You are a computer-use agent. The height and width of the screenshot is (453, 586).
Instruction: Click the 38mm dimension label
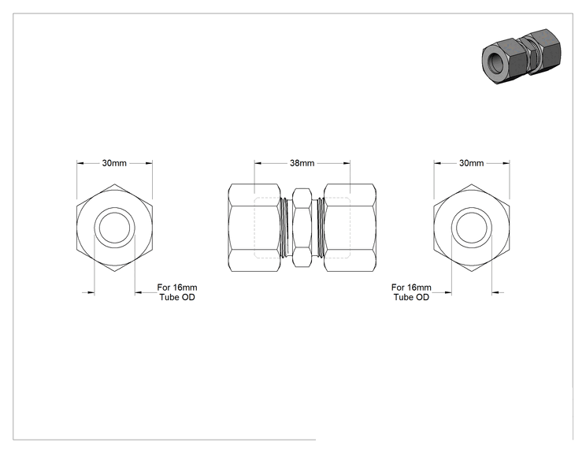(302, 163)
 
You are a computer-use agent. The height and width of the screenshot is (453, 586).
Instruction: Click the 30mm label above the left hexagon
(114, 163)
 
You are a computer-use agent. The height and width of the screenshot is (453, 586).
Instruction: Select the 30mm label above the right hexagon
(471, 163)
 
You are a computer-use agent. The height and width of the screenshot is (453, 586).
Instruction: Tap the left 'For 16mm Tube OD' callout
(177, 292)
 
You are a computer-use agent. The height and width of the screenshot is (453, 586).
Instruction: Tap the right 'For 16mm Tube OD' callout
(411, 292)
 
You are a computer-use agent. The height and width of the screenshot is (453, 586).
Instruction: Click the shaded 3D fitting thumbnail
(521, 56)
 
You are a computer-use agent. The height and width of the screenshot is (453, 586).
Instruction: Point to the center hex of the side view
(302, 228)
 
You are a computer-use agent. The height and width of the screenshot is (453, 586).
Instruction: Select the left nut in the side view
(254, 228)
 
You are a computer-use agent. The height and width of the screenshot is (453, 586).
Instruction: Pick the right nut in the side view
(350, 228)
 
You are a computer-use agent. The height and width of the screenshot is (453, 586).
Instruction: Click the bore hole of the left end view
(114, 228)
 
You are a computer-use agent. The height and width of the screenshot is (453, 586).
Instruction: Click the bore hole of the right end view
(471, 228)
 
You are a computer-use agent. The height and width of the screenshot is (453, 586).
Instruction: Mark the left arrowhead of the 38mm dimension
(258, 163)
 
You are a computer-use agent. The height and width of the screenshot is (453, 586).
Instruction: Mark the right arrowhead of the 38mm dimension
(347, 163)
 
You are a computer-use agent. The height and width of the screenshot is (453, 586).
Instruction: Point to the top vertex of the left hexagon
(114, 184)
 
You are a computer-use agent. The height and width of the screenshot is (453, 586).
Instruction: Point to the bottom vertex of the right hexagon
(471, 271)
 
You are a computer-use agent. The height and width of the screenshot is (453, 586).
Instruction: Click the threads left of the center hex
(286, 228)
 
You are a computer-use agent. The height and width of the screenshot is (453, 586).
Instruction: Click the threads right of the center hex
(317, 228)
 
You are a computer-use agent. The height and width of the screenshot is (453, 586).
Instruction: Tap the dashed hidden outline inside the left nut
(254, 228)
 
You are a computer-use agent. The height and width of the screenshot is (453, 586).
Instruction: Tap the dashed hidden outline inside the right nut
(350, 228)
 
